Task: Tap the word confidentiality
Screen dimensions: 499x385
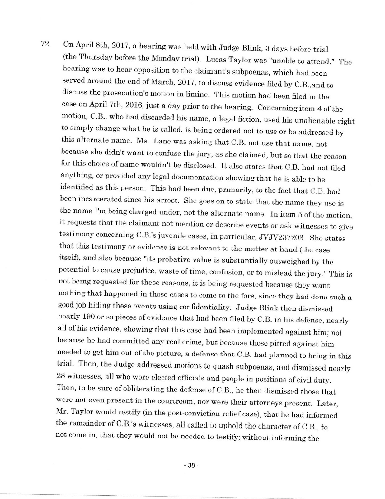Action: (201, 308)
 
